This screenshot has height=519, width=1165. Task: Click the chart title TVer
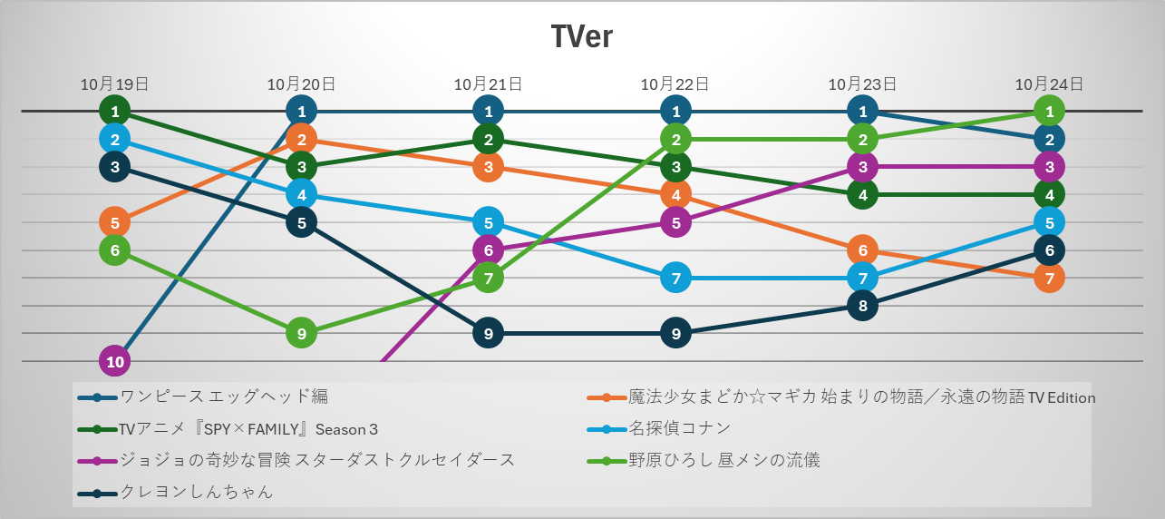click(582, 37)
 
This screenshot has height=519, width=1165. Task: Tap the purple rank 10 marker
click(115, 361)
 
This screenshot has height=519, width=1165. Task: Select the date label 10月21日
click(488, 84)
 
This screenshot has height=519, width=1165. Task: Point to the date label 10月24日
click(1049, 84)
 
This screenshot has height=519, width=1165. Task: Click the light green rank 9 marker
click(302, 334)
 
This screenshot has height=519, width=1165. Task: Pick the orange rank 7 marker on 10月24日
click(1049, 278)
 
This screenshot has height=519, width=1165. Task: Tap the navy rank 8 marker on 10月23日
click(862, 306)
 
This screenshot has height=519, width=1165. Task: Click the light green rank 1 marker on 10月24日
click(1049, 112)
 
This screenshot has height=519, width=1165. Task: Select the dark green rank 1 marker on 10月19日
click(115, 112)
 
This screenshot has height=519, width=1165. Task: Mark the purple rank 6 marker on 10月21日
click(488, 250)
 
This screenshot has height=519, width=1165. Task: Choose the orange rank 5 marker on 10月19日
click(115, 222)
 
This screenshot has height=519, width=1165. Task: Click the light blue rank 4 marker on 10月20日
click(302, 194)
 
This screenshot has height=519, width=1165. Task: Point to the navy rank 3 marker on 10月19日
click(115, 167)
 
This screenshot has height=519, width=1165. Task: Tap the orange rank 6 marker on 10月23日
click(862, 250)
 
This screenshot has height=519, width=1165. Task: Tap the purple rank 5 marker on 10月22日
click(675, 222)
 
